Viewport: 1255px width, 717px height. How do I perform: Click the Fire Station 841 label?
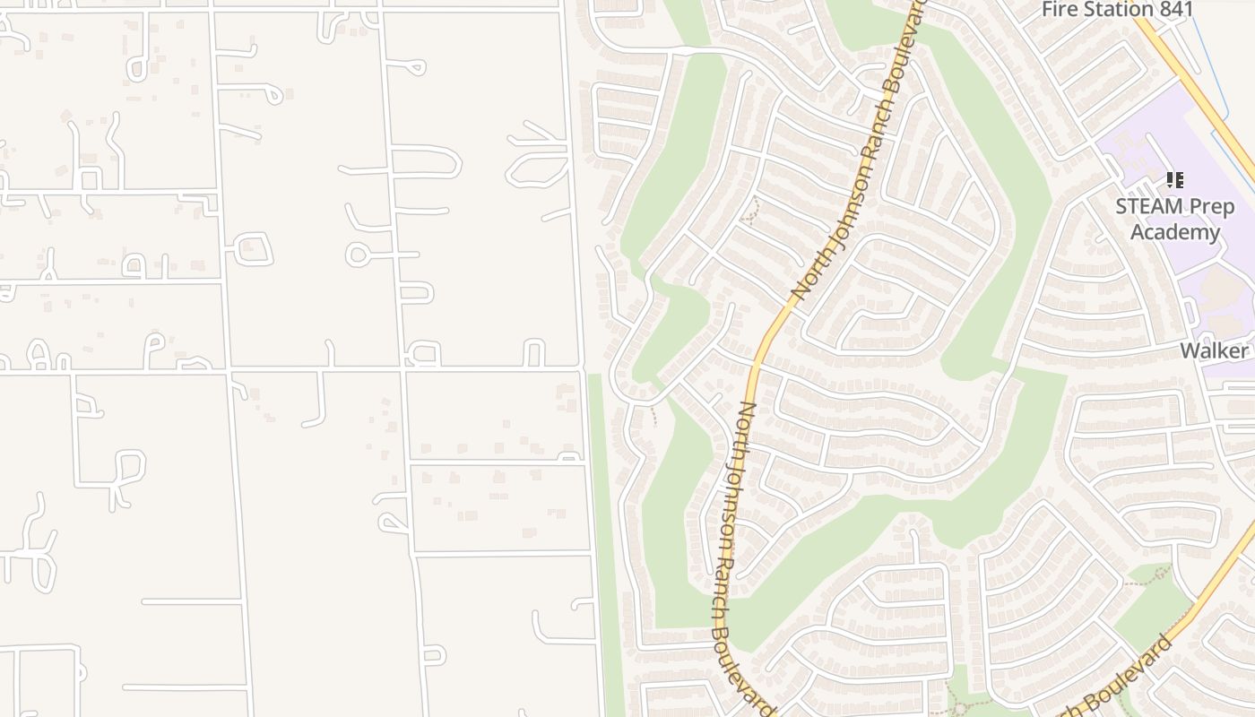click(x=1117, y=10)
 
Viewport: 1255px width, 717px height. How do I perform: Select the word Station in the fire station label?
click(x=1112, y=10)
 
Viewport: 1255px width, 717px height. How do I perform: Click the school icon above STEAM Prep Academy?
click(x=1174, y=180)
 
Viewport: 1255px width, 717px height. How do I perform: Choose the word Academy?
click(x=1174, y=232)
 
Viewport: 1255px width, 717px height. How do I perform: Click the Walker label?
click(x=1214, y=350)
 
